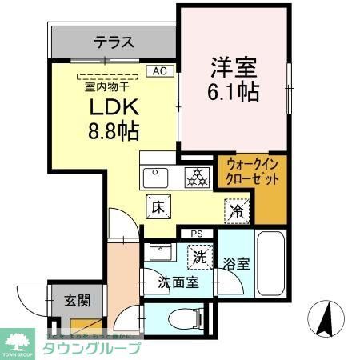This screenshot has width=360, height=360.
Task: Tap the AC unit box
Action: point(159,70)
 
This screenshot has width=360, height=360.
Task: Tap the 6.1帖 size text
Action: point(234,91)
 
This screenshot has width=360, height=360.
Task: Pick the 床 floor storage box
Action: point(156,206)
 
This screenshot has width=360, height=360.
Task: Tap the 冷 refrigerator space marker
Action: point(236,210)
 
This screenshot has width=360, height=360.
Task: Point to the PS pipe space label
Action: point(197,234)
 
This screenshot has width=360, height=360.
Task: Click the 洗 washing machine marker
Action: point(197,258)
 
